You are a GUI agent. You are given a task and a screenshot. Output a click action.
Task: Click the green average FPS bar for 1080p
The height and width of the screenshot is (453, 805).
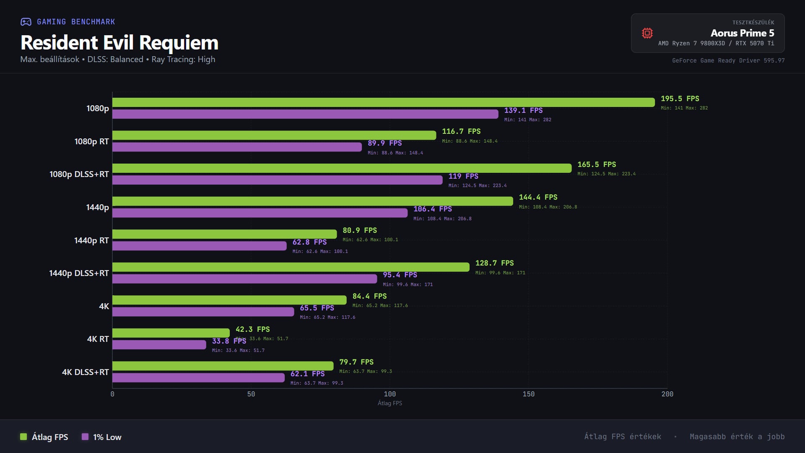[x=383, y=102]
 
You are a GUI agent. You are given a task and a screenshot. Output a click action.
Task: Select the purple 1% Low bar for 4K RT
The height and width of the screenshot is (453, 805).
[x=159, y=345]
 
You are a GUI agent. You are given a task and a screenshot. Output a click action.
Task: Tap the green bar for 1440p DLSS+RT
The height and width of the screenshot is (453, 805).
[x=291, y=267]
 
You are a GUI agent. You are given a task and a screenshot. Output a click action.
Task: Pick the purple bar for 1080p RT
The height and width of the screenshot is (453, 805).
[x=237, y=147]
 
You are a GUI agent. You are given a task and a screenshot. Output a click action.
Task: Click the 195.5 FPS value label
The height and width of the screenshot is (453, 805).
[x=680, y=99]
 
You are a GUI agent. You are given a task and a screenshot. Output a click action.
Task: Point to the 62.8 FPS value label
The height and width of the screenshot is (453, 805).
[x=309, y=242]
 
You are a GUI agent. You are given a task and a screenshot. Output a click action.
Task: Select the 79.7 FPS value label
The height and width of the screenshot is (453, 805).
[x=356, y=362]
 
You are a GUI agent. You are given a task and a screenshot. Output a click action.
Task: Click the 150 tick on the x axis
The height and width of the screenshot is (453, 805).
[x=528, y=394]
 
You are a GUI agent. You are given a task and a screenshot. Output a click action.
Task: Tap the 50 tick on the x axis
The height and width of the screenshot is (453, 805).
[x=251, y=394]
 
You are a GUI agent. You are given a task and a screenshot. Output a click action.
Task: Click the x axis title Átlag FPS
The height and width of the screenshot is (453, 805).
[x=390, y=403]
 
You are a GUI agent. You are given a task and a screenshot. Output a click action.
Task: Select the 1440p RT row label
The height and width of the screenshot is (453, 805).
[x=91, y=240]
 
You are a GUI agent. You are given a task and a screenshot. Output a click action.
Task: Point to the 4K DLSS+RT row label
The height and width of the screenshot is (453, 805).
[x=85, y=372]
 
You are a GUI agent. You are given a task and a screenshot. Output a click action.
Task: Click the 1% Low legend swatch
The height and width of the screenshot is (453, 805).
[x=85, y=437]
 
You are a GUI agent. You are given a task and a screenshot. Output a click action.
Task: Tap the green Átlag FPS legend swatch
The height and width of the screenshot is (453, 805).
[x=23, y=437]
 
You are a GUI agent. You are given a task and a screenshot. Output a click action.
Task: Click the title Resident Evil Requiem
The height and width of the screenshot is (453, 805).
[x=119, y=42]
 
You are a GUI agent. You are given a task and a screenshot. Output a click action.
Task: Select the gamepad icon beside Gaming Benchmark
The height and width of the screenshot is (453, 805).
[x=26, y=22]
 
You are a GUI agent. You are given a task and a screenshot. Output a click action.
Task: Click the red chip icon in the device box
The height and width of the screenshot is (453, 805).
[x=647, y=33]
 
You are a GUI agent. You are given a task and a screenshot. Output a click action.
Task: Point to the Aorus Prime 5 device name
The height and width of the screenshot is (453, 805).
[x=742, y=33]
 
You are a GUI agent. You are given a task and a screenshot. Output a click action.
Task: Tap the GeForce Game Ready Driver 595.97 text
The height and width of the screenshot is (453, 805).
[x=728, y=60]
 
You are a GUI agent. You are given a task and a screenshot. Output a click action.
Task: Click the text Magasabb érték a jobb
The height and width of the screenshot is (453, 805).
[x=737, y=437]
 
